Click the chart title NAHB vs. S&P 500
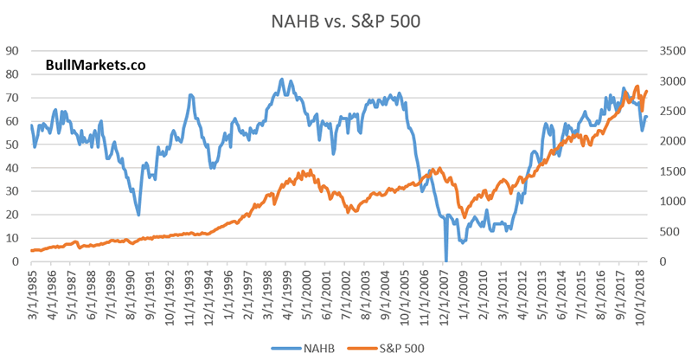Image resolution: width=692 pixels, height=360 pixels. tap(346, 19)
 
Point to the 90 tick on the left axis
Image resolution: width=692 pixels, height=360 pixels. tap(14, 50)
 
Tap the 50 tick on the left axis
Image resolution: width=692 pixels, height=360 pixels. tap(14, 144)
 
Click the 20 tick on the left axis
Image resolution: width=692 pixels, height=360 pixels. tap(14, 215)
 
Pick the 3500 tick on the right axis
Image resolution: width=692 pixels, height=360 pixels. tap(669, 50)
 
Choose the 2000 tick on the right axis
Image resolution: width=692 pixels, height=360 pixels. tap(669, 140)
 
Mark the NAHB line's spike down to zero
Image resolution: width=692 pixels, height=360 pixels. tap(446, 259)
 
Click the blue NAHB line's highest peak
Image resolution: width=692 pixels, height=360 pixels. tap(282, 80)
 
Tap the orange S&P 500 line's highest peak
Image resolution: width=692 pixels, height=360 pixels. tap(638, 87)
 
